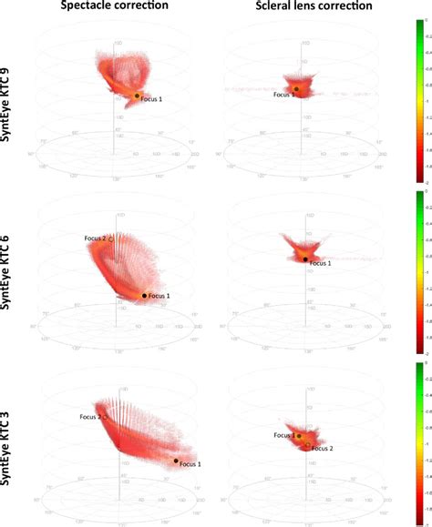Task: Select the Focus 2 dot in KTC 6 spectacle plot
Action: [x=111, y=239]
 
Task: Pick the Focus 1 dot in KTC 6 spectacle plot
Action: [x=144, y=295]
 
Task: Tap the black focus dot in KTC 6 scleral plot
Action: [x=305, y=259]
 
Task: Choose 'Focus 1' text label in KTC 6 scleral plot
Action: [x=321, y=264]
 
